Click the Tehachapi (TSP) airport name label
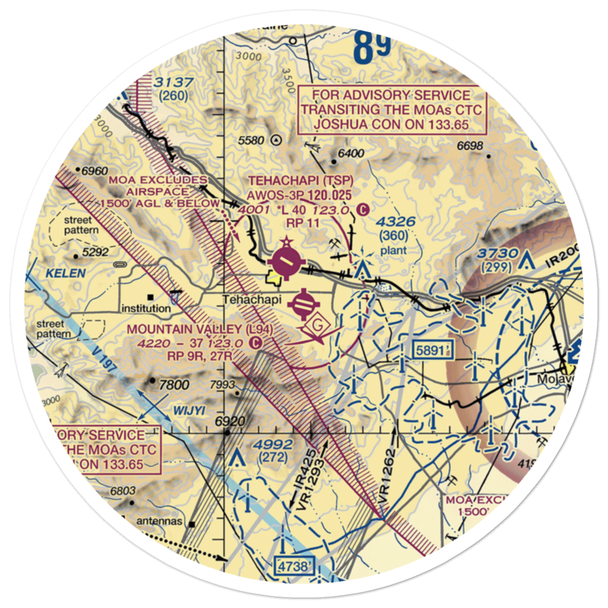coord(300,182)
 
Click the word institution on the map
coord(145,308)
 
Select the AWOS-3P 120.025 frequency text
coord(300,195)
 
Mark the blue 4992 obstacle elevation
coord(275,444)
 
